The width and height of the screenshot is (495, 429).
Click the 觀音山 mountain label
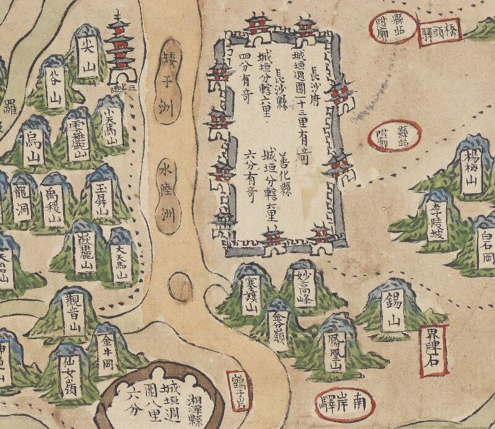point(74,313)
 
